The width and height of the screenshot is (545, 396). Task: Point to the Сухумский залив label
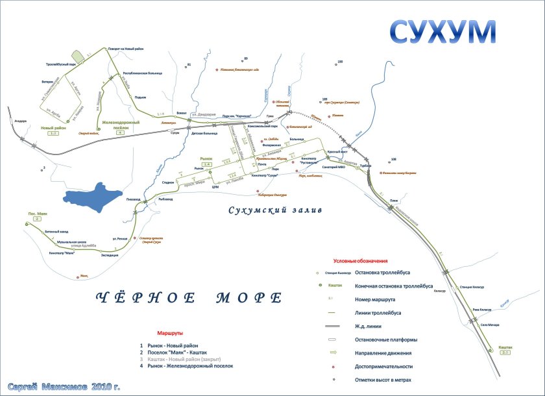pyautogui.click(x=275, y=210)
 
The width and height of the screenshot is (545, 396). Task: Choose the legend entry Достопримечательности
pyautogui.click(x=387, y=367)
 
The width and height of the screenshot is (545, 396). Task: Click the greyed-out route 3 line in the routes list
pyautogui.click(x=187, y=359)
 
